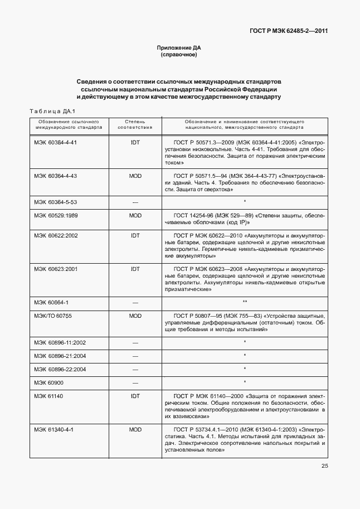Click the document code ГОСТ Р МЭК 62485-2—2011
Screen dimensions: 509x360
click(x=288, y=31)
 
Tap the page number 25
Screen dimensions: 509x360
click(x=324, y=466)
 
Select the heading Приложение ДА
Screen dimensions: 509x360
click(x=179, y=49)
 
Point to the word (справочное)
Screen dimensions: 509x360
click(x=179, y=56)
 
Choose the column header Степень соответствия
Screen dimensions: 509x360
click(x=135, y=124)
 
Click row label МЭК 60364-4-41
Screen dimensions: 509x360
click(x=55, y=142)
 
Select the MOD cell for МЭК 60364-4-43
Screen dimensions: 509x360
click(x=135, y=176)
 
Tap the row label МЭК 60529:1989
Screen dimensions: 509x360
click(x=56, y=215)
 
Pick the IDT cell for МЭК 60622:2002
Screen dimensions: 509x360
click(x=135, y=236)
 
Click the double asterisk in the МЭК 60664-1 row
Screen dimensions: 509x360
click(x=245, y=302)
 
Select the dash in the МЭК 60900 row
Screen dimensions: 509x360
click(x=135, y=382)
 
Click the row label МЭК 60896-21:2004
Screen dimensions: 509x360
click(x=60, y=356)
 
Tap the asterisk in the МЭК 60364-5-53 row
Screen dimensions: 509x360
click(x=245, y=201)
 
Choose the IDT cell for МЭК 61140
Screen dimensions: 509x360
click(x=135, y=396)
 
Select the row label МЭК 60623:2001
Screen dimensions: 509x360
click(x=56, y=269)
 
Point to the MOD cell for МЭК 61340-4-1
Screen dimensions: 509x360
click(x=135, y=429)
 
